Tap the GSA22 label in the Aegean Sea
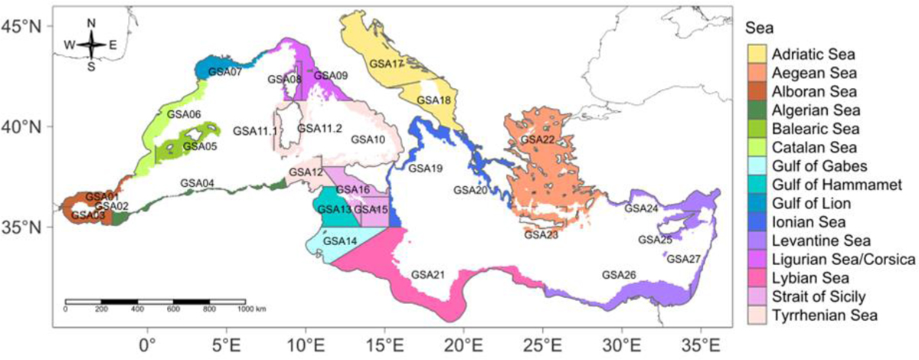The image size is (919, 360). [x=537, y=139]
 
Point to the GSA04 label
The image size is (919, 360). [x=198, y=183]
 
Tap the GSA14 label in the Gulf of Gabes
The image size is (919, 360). [x=339, y=241]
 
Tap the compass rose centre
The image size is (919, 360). [x=91, y=44]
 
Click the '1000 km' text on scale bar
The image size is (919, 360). [x=251, y=309]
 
